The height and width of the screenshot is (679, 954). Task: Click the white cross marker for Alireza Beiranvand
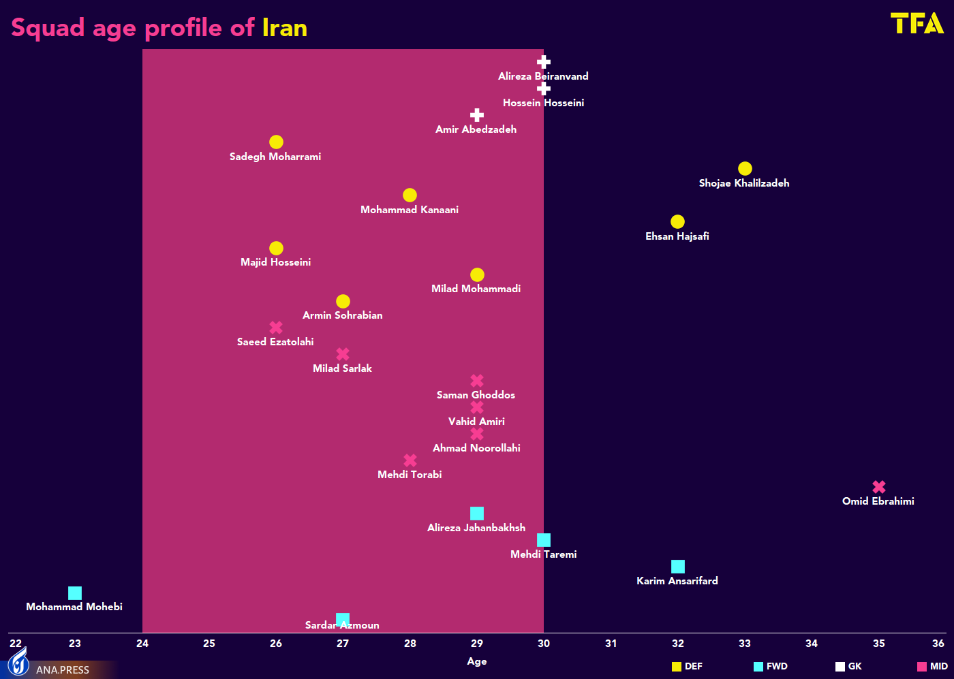tap(543, 62)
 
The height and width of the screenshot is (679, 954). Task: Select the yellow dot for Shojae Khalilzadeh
tap(745, 168)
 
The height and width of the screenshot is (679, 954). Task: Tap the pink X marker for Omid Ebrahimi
tap(879, 487)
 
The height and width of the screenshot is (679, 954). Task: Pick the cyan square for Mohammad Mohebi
tap(75, 593)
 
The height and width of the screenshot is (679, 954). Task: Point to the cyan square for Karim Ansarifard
tap(677, 567)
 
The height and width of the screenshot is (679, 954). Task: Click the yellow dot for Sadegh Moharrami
tap(276, 142)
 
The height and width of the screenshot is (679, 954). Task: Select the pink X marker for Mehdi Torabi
tap(410, 460)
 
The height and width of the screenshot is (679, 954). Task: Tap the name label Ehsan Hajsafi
tap(677, 236)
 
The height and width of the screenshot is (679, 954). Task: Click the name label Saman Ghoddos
tap(476, 395)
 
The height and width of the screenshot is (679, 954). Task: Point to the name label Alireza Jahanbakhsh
tap(476, 528)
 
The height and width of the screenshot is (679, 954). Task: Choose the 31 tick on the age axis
tap(611, 644)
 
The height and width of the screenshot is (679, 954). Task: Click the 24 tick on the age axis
tap(142, 644)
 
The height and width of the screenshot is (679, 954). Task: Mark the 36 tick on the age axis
tap(938, 644)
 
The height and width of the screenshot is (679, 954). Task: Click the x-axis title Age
tap(477, 661)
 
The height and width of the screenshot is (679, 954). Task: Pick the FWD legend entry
tap(771, 667)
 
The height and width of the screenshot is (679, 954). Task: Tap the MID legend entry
tap(932, 667)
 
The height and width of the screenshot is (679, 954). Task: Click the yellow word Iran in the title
tap(285, 28)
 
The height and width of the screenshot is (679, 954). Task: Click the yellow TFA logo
tap(917, 23)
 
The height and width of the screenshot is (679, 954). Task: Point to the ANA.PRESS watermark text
tap(63, 670)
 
